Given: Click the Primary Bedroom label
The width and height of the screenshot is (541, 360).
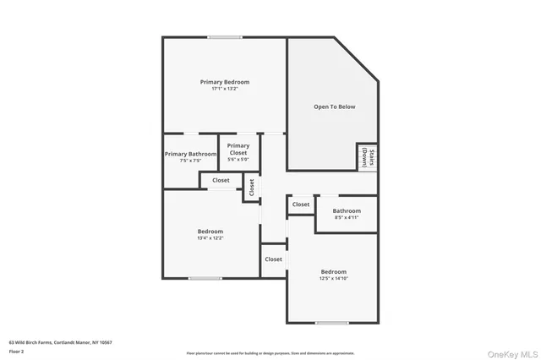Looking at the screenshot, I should click(x=224, y=82).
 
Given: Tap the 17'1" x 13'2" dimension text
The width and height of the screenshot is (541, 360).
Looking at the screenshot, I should click(x=224, y=89).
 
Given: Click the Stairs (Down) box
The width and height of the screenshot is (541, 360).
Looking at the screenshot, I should click(x=366, y=156).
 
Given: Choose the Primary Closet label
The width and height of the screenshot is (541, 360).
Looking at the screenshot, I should click(x=238, y=150).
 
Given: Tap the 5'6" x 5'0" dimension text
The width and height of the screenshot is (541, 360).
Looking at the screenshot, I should click(x=238, y=160).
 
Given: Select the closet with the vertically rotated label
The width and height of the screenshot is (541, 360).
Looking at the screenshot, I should click(x=251, y=187).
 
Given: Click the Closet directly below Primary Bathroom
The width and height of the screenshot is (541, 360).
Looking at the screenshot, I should click(x=221, y=180).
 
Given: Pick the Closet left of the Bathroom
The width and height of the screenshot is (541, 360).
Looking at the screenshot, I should click(x=301, y=205).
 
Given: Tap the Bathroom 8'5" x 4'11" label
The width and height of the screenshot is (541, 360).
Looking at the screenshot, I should click(x=347, y=214).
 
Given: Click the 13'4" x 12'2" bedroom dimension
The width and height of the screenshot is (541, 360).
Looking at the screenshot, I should click(x=210, y=238).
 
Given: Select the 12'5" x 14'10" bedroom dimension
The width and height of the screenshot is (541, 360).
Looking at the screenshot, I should click(x=333, y=278).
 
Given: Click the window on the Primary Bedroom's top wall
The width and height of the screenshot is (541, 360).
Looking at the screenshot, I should click(x=226, y=36).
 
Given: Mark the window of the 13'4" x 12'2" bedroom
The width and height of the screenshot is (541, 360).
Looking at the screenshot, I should click(x=205, y=278).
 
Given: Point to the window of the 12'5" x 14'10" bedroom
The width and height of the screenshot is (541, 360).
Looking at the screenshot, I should click(x=331, y=323).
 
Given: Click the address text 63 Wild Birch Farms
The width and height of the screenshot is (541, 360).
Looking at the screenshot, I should click(x=60, y=342).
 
